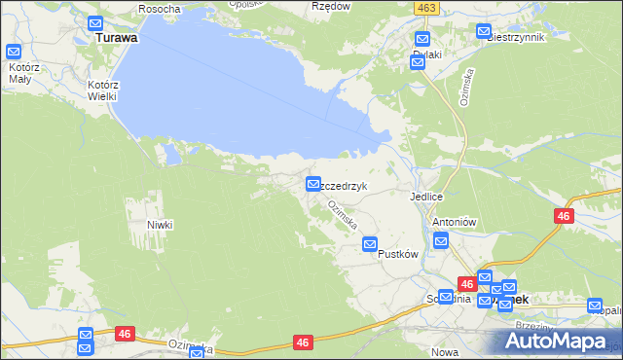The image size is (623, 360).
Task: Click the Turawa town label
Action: point(117,39)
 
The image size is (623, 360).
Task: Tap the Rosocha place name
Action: point(160,9)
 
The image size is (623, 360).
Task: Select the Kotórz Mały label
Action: point(20,73)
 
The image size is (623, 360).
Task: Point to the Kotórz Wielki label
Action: point(102,90)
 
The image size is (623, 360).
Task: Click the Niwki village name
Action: point(160,225)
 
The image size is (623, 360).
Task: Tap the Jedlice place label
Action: point(427,196)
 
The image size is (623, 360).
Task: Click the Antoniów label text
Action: point(453,221)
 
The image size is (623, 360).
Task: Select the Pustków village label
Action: point(397,254)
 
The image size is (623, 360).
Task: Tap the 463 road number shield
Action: point(423,7)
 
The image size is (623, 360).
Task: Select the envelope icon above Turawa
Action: point(94,23)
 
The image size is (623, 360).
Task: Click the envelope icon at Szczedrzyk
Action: point(313,183)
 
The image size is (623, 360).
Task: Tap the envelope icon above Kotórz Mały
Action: point(14,53)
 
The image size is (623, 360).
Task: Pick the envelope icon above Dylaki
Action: point(421,40)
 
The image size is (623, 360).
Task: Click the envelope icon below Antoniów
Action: point(440,241)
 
